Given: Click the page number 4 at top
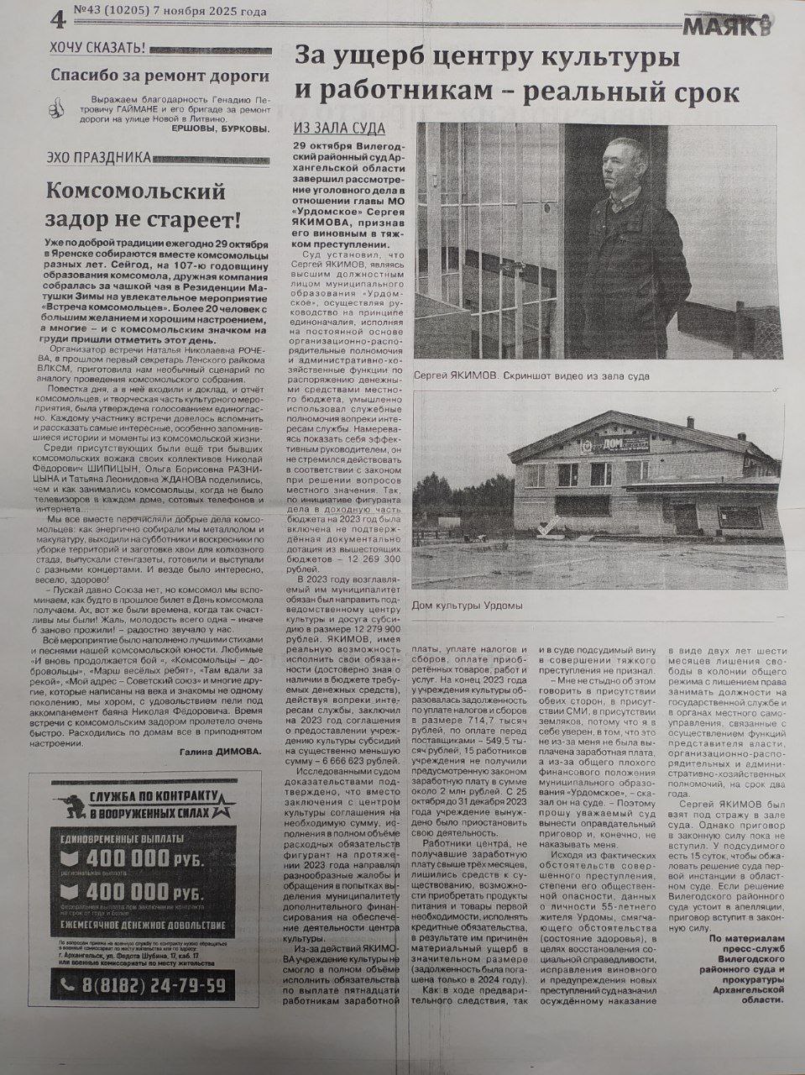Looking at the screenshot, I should [56, 17].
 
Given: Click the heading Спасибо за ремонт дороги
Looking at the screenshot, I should [159, 76].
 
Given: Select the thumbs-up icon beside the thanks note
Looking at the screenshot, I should [56, 108].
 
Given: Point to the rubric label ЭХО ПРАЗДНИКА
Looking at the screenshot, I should [99, 157].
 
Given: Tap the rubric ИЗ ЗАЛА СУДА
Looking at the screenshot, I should [339, 128].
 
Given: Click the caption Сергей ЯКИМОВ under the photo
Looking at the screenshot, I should [455, 377].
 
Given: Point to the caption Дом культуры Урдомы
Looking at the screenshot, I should [467, 605].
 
